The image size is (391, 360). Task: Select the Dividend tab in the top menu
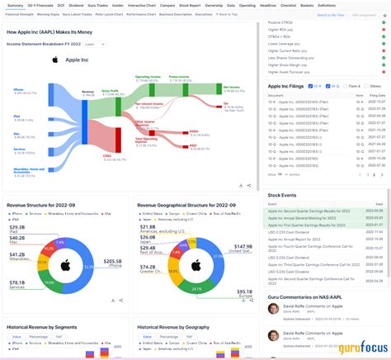pos(76,5)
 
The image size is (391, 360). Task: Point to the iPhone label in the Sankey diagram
pos(18,89)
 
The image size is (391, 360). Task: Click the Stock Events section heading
pos(284,195)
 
